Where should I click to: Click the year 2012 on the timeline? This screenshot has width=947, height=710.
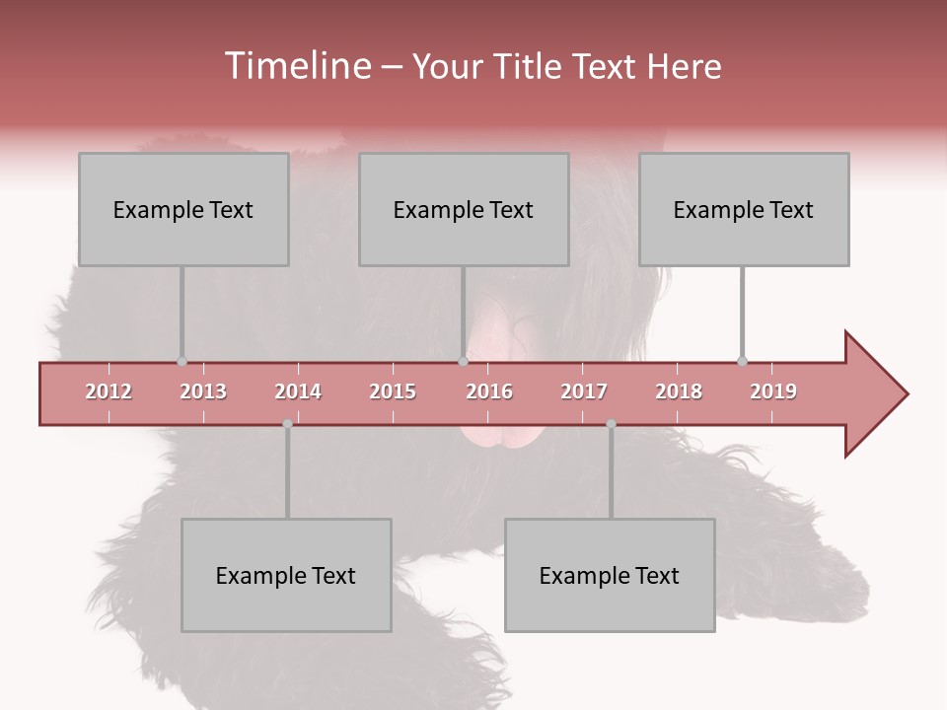(109, 391)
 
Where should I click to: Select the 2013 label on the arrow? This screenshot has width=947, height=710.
(203, 391)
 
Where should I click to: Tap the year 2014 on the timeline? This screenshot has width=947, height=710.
(298, 391)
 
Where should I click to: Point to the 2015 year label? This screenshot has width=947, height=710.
(393, 391)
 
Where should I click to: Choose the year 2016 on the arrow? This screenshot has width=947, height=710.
(489, 391)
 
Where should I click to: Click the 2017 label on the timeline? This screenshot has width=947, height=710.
(584, 391)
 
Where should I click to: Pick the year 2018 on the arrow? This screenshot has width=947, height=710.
(679, 391)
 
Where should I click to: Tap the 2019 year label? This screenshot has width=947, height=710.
(773, 391)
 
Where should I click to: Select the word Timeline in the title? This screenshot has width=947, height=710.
(296, 66)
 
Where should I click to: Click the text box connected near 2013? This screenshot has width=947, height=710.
(183, 209)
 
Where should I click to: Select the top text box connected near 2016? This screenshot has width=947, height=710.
(464, 209)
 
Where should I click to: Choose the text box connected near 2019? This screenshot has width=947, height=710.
(744, 209)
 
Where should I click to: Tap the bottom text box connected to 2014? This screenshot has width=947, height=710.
(286, 575)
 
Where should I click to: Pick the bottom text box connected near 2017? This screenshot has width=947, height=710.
(610, 575)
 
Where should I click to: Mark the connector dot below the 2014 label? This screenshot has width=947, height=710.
(287, 424)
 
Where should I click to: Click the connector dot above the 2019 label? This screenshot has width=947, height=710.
(742, 361)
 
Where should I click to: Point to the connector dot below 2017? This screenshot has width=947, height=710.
(611, 424)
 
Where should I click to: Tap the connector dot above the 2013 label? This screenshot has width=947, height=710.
(182, 361)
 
